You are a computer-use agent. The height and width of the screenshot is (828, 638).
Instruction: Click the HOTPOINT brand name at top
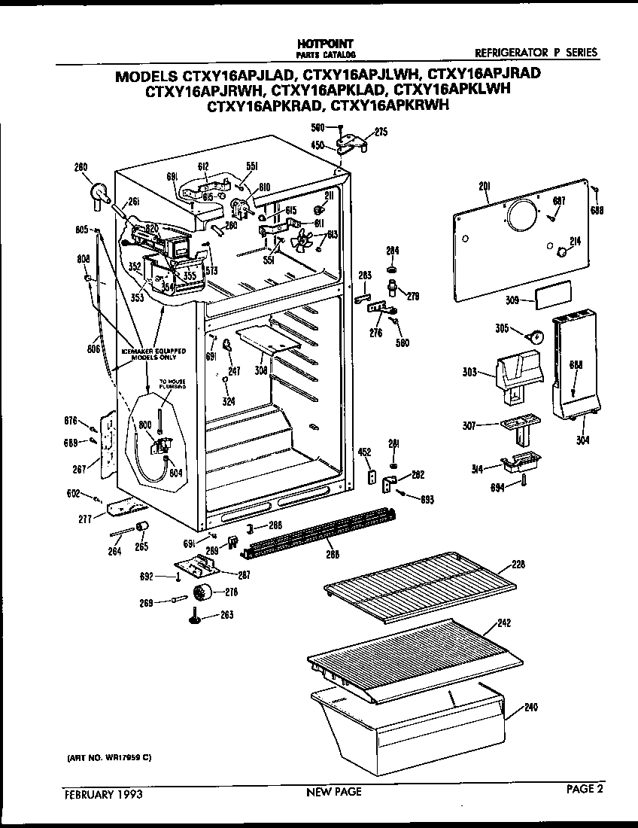click(x=326, y=44)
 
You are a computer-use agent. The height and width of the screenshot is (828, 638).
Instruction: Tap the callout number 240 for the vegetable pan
click(x=531, y=707)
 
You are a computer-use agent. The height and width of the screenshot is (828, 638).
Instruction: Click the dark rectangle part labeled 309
click(x=553, y=293)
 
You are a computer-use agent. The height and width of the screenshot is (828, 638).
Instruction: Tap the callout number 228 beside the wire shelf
click(x=517, y=565)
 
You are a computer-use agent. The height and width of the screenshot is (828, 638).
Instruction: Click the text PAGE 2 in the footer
click(x=585, y=790)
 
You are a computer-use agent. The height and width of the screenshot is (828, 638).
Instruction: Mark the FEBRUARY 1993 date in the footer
click(x=102, y=793)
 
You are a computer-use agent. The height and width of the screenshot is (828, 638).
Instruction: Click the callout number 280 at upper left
click(x=81, y=167)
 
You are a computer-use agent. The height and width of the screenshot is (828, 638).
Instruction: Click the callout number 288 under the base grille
click(x=332, y=555)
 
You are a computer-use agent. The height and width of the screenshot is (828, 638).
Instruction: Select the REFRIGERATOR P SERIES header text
click(x=536, y=53)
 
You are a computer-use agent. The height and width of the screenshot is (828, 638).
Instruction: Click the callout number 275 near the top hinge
click(x=381, y=132)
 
